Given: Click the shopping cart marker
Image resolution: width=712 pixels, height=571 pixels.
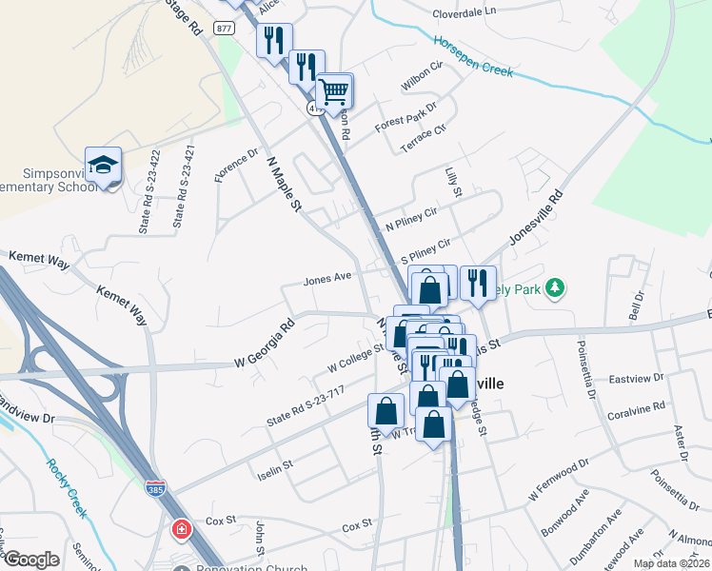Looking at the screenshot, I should [x=334, y=92].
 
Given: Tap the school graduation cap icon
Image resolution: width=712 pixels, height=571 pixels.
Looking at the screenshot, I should [x=103, y=166].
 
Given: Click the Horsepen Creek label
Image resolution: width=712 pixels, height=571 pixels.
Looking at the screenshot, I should [x=473, y=57].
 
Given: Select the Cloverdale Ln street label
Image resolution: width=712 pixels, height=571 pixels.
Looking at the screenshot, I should [x=465, y=12].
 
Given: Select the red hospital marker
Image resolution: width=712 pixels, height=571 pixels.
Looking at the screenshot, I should [x=180, y=528].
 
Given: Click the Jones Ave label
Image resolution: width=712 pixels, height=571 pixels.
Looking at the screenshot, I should [x=327, y=280].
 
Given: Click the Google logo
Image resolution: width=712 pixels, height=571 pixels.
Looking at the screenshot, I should [x=31, y=560].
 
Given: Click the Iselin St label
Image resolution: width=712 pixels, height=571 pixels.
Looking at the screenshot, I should [x=274, y=470].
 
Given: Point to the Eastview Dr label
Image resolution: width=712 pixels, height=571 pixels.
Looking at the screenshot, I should [x=637, y=379].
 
